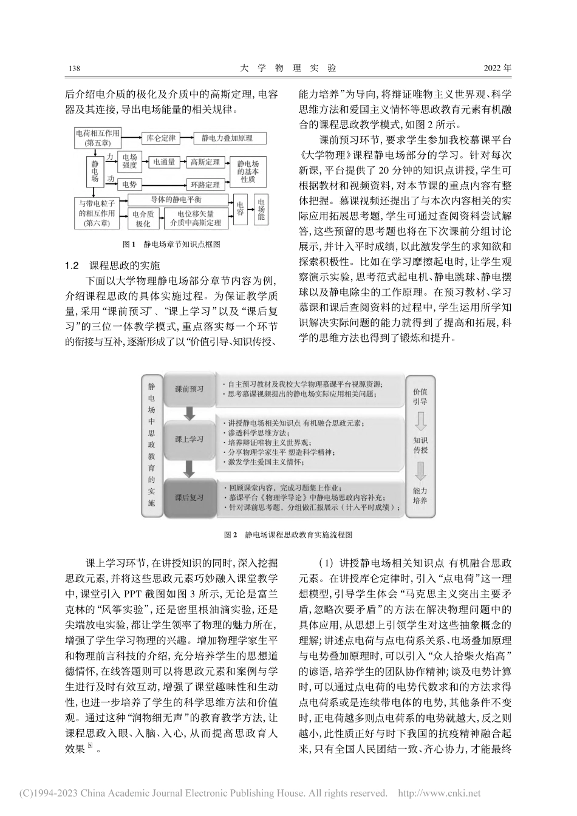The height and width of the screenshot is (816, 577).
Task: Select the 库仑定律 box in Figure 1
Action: click(x=161, y=139)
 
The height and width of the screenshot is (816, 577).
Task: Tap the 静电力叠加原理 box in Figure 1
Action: click(x=227, y=139)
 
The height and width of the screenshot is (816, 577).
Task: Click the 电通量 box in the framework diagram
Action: click(x=164, y=162)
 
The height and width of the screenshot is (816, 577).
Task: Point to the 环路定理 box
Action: click(x=205, y=185)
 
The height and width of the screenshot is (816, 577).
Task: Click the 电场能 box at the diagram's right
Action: click(x=262, y=209)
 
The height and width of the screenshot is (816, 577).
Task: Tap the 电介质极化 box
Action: click(x=143, y=219)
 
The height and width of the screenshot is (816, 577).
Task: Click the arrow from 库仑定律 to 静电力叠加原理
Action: click(x=186, y=139)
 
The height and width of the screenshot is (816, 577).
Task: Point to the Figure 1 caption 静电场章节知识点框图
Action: click(x=174, y=245)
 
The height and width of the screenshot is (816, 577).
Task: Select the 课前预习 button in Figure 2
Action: click(x=189, y=388)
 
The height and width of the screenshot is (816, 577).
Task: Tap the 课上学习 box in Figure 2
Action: click(x=189, y=438)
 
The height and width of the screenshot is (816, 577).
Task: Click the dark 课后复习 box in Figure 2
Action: click(x=189, y=497)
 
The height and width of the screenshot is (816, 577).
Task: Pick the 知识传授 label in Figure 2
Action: click(x=420, y=446)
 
